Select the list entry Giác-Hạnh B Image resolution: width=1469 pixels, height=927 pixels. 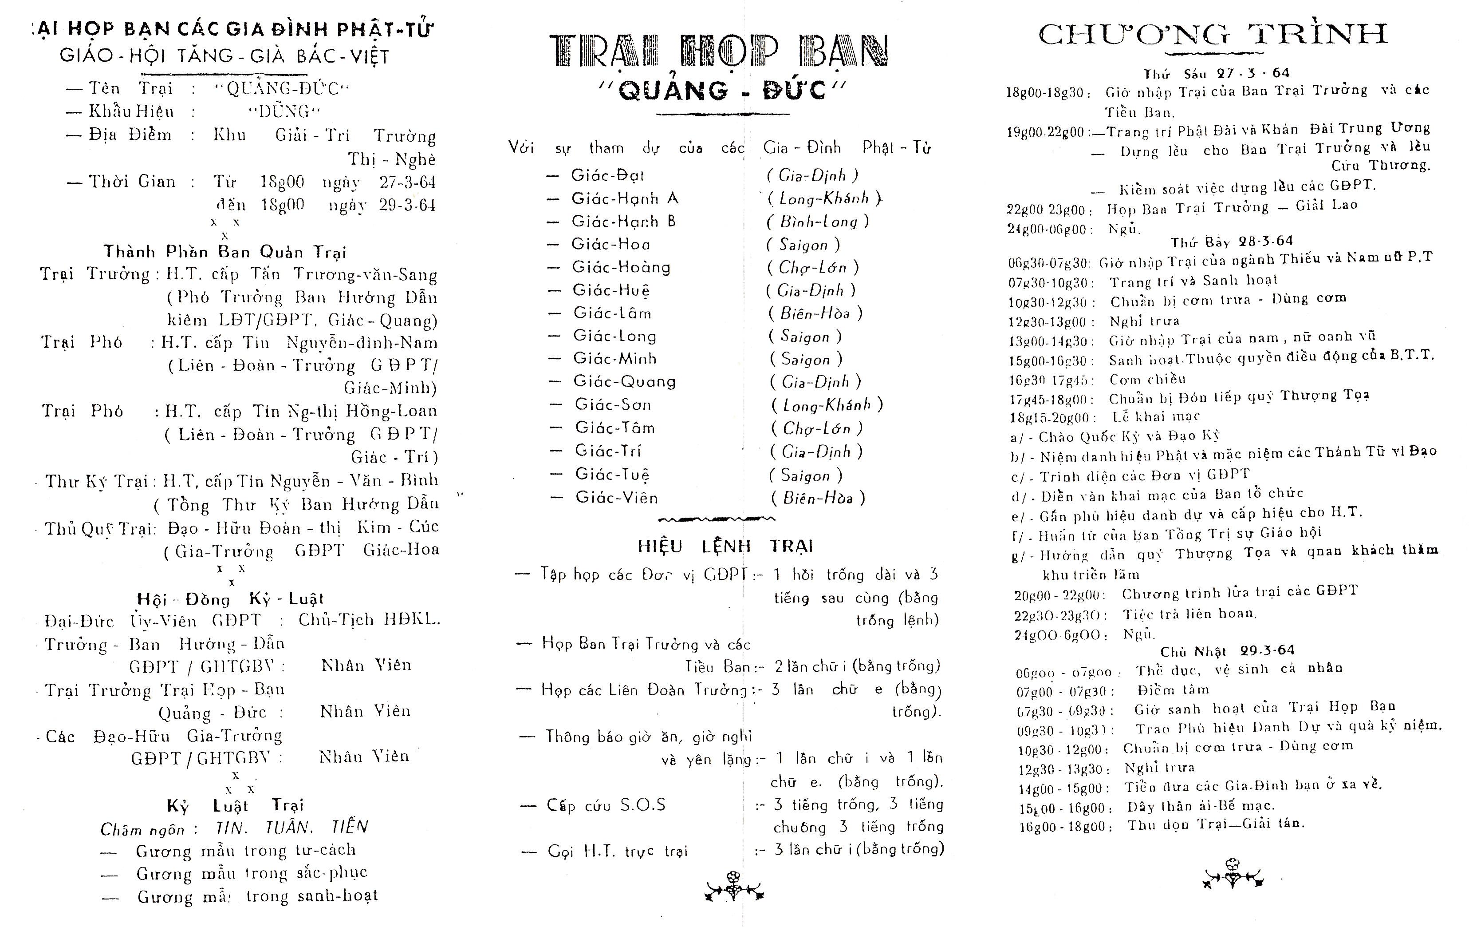click(623, 221)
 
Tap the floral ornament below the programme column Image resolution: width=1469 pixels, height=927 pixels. click(1233, 873)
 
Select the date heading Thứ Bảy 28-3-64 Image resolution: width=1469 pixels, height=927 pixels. click(1231, 242)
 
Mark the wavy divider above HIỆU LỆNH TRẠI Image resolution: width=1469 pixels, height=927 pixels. click(717, 520)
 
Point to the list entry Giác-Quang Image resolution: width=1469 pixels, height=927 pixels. click(624, 381)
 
